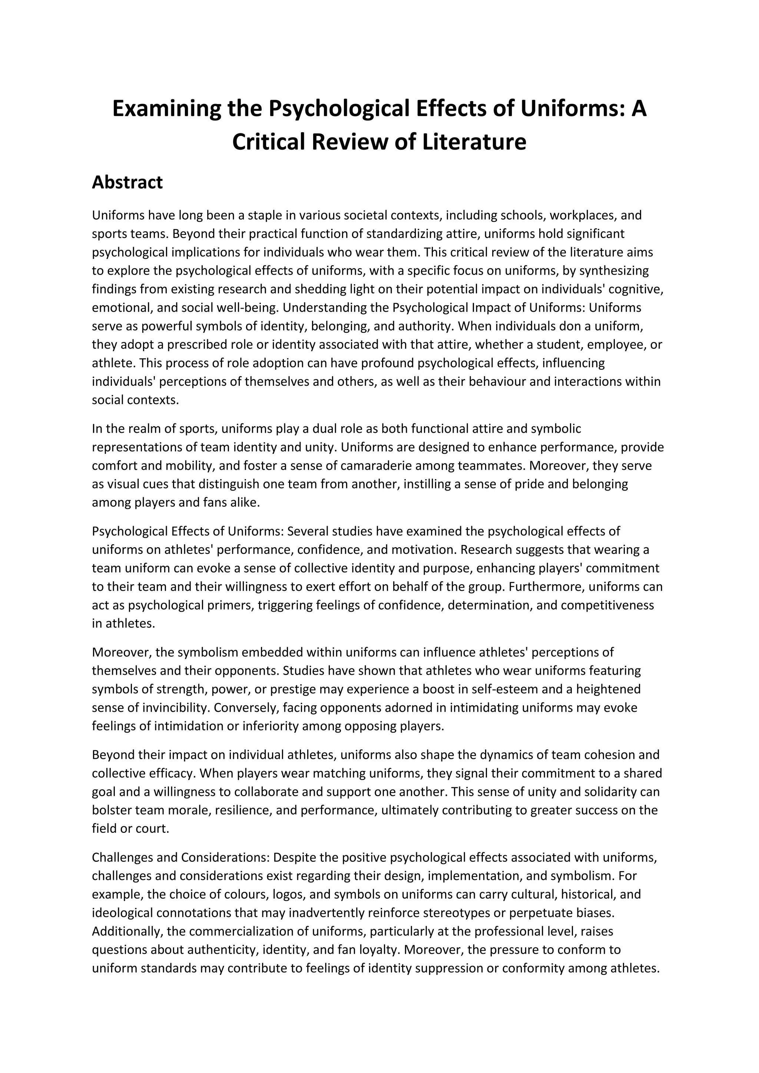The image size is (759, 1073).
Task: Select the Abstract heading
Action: (x=127, y=182)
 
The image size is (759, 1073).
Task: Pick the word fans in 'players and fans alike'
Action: (x=212, y=503)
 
